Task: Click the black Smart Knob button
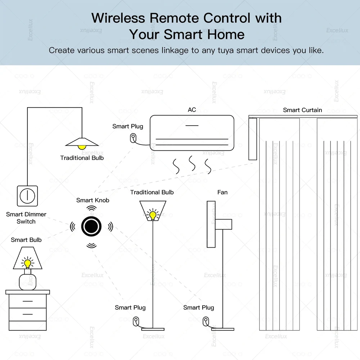91,226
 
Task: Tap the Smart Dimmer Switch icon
27,196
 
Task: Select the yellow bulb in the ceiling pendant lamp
82,147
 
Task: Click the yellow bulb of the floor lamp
153,215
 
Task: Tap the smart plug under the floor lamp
136,320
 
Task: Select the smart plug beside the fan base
206,320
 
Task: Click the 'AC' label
192,109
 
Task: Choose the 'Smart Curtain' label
302,110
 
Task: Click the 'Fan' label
222,192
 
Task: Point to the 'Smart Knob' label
93,200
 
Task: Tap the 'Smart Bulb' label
26,240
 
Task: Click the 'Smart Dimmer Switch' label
26,218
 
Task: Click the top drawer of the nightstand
27,301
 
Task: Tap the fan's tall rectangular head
211,224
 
